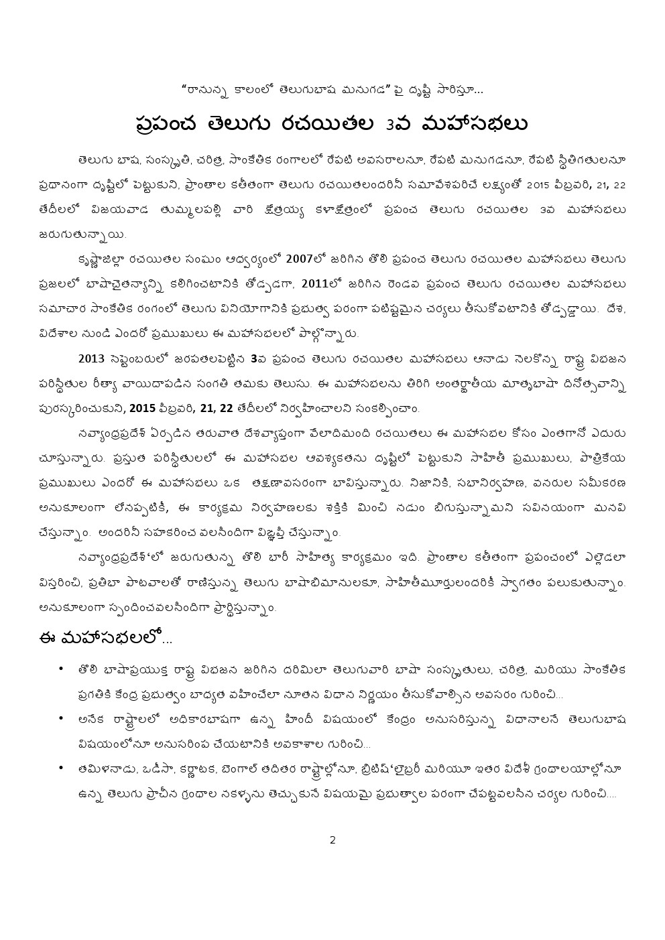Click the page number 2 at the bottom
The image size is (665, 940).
tap(332, 840)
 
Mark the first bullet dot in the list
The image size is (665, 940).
tap(61, 668)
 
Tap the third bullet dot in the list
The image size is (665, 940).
tap(61, 768)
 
